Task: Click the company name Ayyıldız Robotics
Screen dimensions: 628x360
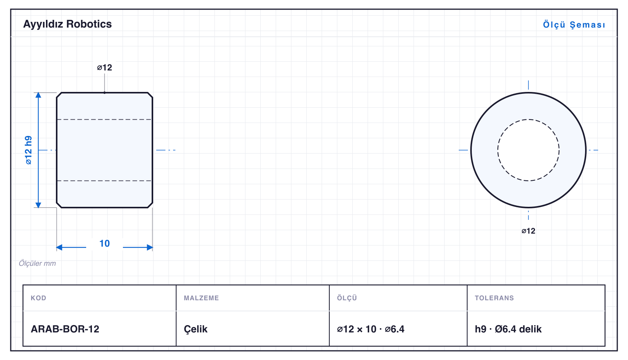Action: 67,24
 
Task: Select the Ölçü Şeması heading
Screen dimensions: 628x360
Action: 574,25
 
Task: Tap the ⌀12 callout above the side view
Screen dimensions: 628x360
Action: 105,67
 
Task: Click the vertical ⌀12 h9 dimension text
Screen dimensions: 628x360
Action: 29,150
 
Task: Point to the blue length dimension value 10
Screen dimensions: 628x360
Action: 105,243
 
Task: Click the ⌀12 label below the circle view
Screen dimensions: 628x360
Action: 528,231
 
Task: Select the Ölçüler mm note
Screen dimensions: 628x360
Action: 37,263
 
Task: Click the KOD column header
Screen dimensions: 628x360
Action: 38,298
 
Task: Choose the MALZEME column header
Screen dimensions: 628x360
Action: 201,298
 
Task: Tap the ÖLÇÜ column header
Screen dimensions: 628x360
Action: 347,298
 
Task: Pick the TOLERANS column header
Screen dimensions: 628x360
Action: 494,298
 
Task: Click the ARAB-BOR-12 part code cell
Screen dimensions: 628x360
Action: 65,329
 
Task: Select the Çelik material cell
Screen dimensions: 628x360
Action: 196,329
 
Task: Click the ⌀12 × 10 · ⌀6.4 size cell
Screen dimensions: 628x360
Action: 371,329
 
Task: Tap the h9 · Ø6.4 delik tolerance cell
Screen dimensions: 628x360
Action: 508,329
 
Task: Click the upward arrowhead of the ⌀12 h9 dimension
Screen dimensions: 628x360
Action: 38,95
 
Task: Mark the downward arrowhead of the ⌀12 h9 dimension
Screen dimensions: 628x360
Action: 38,205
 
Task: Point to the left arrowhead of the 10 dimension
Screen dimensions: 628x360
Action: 59,247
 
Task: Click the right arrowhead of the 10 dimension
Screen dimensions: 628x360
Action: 150,247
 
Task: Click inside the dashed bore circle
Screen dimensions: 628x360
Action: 528,150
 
